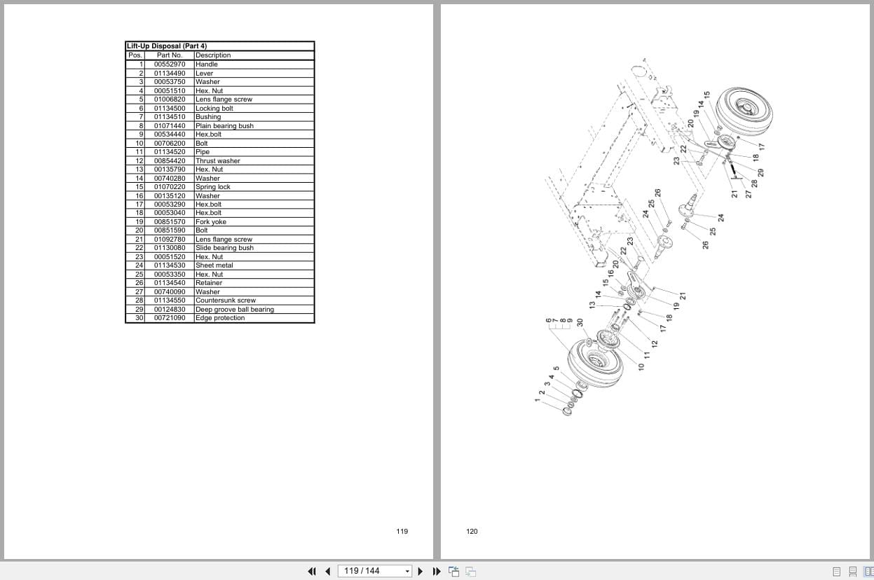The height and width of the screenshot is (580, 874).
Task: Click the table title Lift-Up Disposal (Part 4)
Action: coord(166,46)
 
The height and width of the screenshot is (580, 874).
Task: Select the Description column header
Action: coord(213,55)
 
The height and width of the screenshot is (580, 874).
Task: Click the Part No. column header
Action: coord(169,55)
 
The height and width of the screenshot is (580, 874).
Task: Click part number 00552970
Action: coord(170,64)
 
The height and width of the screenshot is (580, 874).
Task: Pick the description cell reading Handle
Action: coord(207,64)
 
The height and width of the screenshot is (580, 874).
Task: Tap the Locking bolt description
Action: coord(214,109)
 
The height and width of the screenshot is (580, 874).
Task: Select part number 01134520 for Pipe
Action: coord(170,152)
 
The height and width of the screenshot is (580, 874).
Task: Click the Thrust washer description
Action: coord(217,161)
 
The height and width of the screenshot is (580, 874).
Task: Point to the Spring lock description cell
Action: coord(212,187)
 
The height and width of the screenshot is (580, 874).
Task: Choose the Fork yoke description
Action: coord(211,222)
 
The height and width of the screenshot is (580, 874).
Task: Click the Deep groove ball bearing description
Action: coord(234,310)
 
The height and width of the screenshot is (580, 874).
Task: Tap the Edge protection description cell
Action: coord(220,318)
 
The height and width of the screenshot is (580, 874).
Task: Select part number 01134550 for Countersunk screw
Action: coord(170,301)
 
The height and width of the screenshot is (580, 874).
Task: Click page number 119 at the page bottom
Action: coord(402,532)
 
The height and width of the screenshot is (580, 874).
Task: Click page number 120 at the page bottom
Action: coord(472,532)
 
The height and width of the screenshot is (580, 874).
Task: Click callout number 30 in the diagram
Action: coord(580,322)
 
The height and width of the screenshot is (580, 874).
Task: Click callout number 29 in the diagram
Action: coord(760,172)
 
